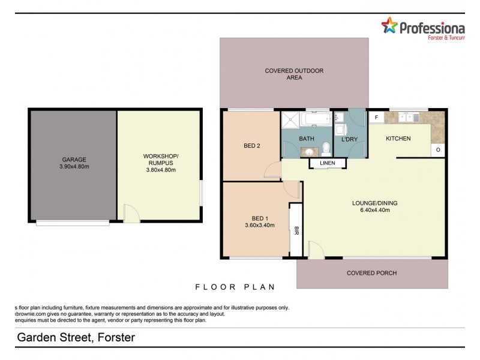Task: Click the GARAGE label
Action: pyautogui.click(x=73, y=160)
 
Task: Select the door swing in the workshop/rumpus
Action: pyautogui.click(x=131, y=212)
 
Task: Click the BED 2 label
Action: pyautogui.click(x=251, y=145)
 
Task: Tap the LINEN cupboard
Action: pyautogui.click(x=327, y=163)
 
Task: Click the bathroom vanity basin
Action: pyautogui.click(x=306, y=152)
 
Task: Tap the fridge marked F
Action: pyautogui.click(x=376, y=118)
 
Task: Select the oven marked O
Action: pyautogui.click(x=438, y=149)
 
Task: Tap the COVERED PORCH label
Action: pyautogui.click(x=371, y=273)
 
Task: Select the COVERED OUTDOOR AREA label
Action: pyautogui.click(x=294, y=74)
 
